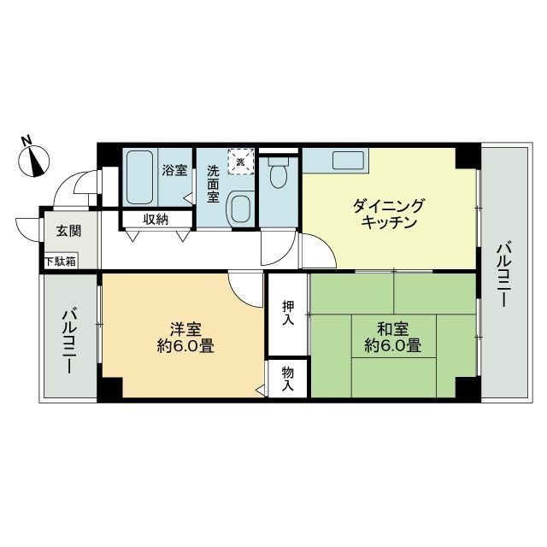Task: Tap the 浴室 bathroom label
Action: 174,170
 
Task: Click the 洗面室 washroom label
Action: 214,184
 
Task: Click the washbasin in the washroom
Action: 242,206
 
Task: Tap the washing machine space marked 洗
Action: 242,162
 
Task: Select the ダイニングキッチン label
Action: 388,214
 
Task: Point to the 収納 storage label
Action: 156,220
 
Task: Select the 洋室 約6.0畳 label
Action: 185,337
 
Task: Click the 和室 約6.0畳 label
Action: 392,337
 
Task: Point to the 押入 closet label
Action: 288,313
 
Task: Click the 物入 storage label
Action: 288,379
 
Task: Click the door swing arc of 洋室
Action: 245,292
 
